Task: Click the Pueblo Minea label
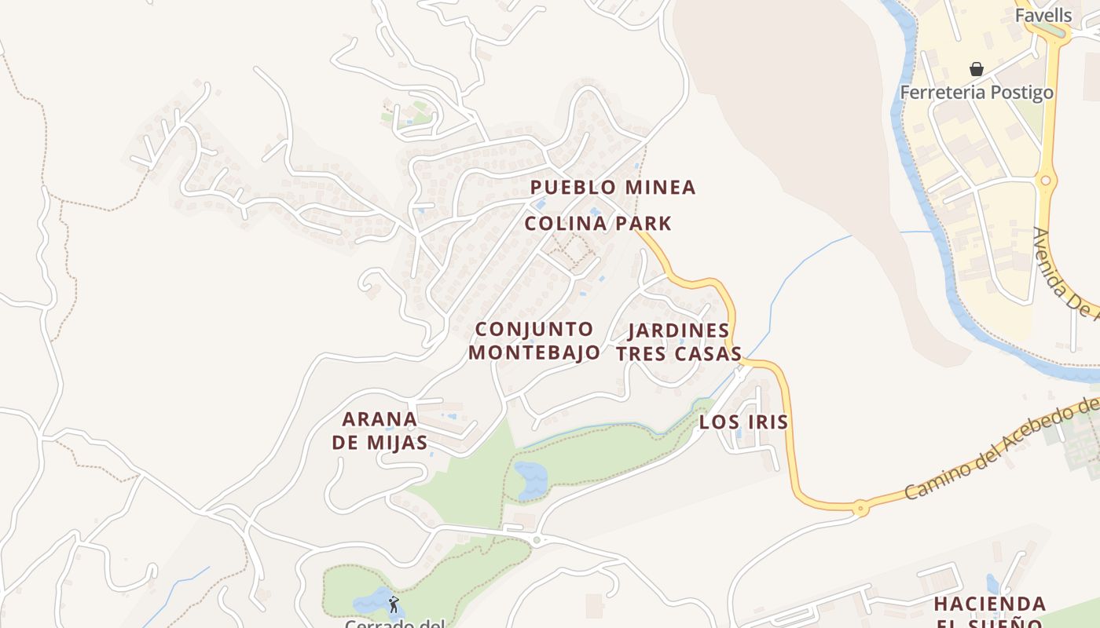[613, 188]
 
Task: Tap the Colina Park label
[598, 224]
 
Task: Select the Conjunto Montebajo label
[534, 340]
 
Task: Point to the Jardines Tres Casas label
[679, 342]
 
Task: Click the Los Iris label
[743, 422]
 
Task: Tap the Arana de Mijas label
[379, 430]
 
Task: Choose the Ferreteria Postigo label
[976, 93]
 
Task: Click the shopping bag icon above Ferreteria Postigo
[976, 69]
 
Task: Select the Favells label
[1043, 16]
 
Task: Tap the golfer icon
[393, 604]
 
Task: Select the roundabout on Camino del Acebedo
[861, 508]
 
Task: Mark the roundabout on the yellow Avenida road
[1045, 181]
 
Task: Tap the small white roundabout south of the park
[537, 539]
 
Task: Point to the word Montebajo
[534, 352]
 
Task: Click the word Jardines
[679, 330]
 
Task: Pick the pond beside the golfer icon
[374, 602]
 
